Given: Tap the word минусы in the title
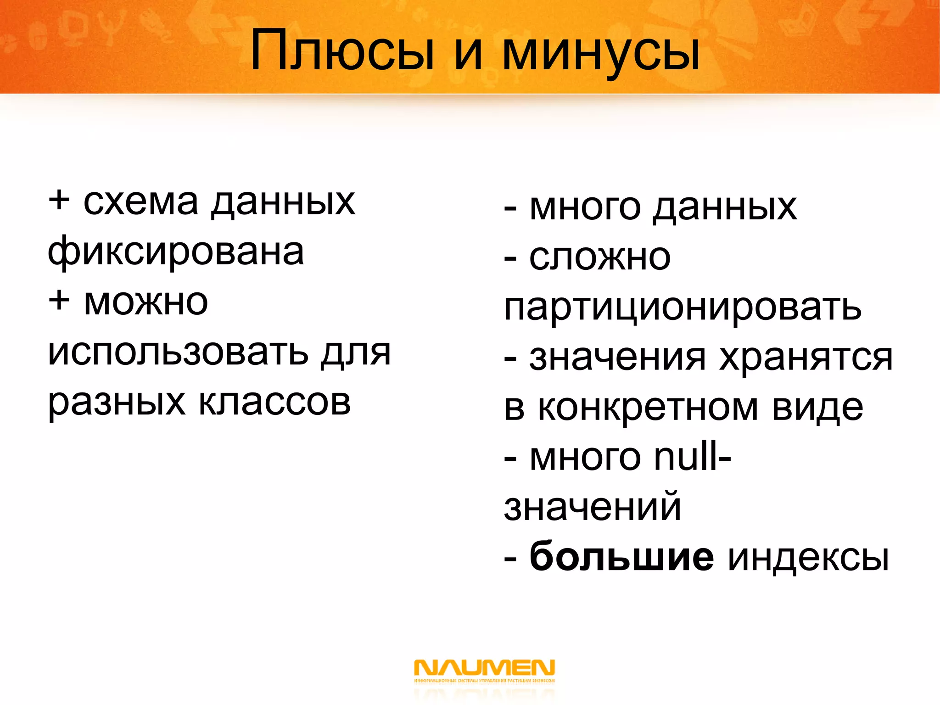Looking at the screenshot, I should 601,53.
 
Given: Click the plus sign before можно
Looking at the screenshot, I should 59,302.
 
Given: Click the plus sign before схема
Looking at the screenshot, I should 59,201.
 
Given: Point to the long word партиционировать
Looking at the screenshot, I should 683,308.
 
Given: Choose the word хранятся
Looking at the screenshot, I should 806,358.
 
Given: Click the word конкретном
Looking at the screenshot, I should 648,408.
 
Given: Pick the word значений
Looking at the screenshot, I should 593,508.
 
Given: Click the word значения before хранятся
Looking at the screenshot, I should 617,358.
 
